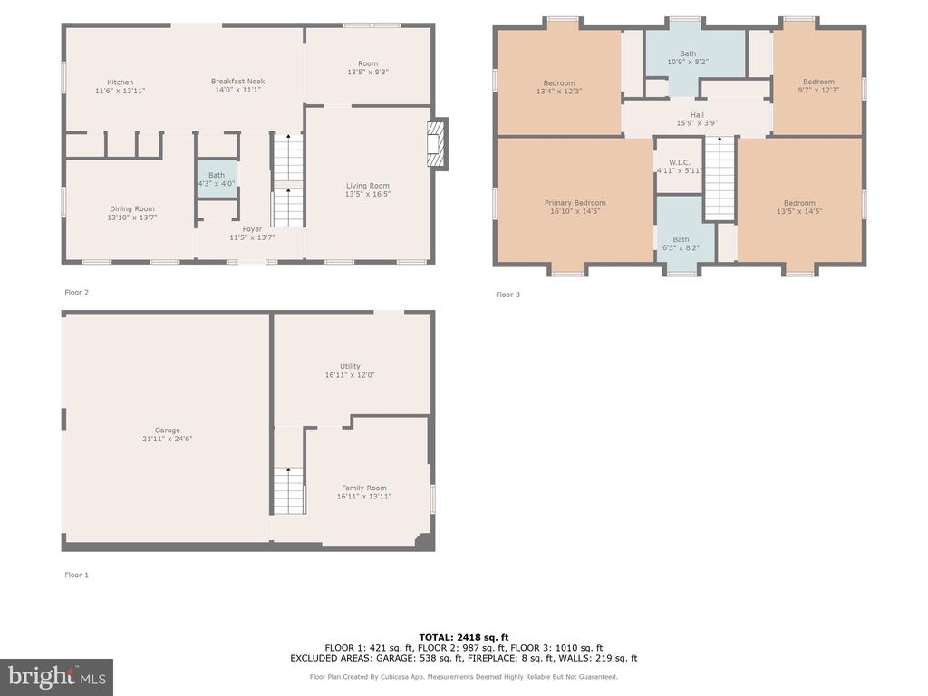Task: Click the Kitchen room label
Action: click(x=121, y=82)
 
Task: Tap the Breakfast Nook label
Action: click(x=238, y=81)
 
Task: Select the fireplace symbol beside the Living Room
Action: click(x=437, y=144)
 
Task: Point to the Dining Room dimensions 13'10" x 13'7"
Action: click(x=132, y=217)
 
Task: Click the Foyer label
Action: click(x=252, y=229)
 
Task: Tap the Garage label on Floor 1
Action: click(x=168, y=430)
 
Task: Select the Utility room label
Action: click(x=350, y=366)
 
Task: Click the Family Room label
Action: click(x=364, y=488)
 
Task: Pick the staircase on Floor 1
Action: click(x=289, y=490)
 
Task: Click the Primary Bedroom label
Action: click(x=575, y=203)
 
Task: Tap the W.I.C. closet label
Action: click(x=680, y=162)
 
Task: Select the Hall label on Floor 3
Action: click(x=697, y=115)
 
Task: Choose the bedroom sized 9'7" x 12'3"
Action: click(x=818, y=82)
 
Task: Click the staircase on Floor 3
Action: click(x=720, y=178)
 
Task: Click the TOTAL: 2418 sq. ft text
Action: click(x=463, y=637)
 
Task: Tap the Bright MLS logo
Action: click(x=57, y=677)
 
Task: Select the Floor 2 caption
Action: click(x=76, y=293)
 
